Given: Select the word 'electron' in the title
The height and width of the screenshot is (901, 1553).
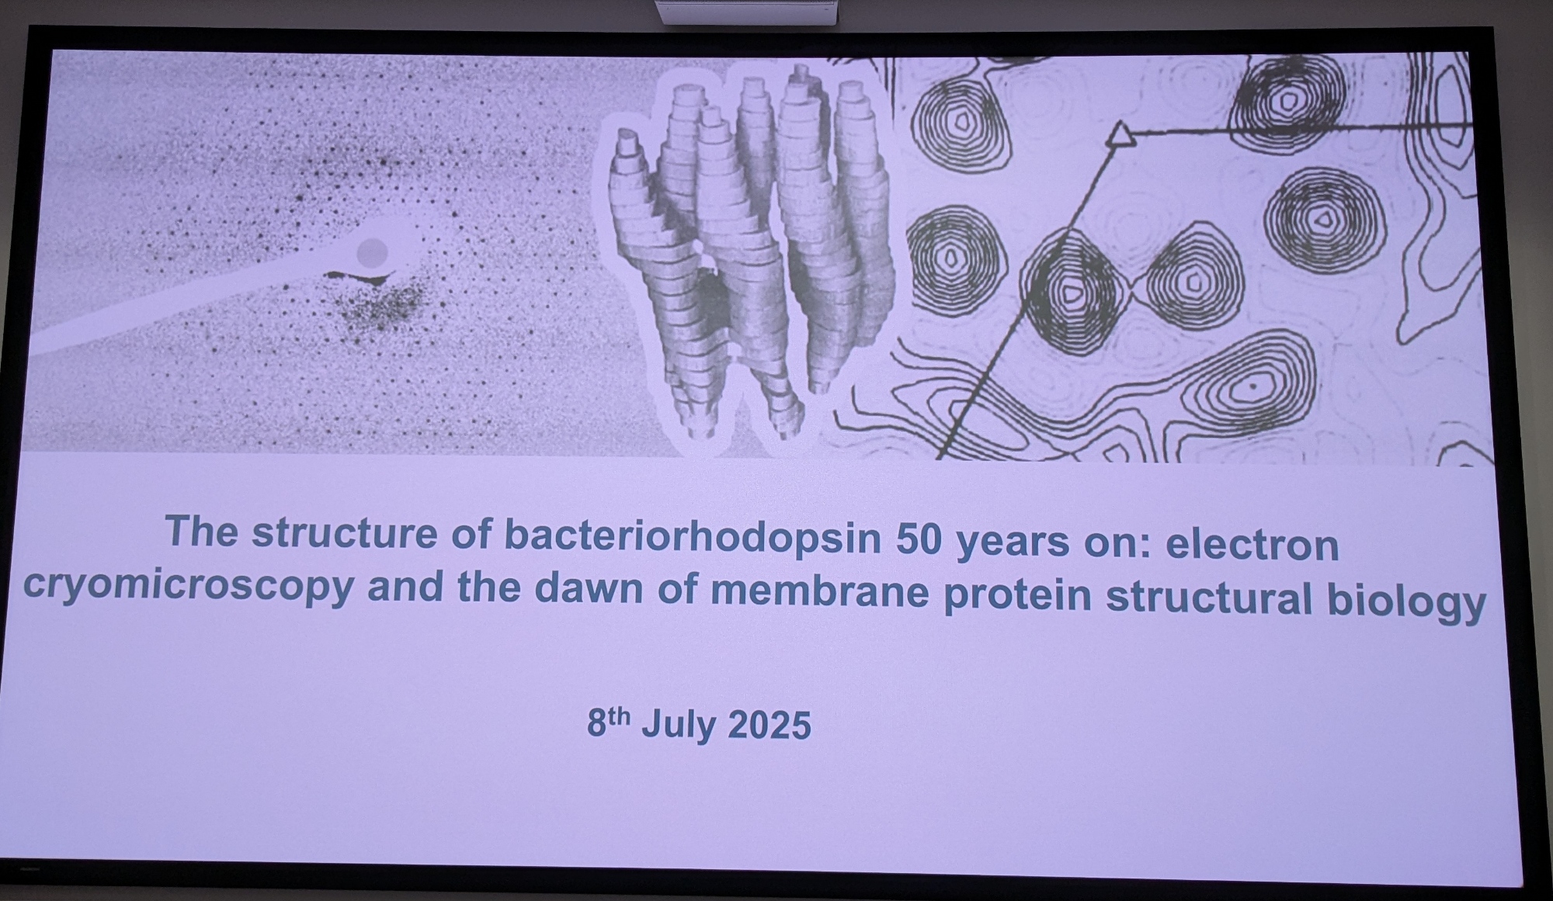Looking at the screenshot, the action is point(1252,545).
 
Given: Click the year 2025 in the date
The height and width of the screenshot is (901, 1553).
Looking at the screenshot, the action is point(769,726).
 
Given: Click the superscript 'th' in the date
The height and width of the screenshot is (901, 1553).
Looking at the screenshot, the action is point(618,715).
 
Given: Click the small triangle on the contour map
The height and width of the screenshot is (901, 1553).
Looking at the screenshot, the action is point(1120,135).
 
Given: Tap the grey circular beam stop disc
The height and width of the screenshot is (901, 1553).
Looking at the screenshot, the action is point(372,251).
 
